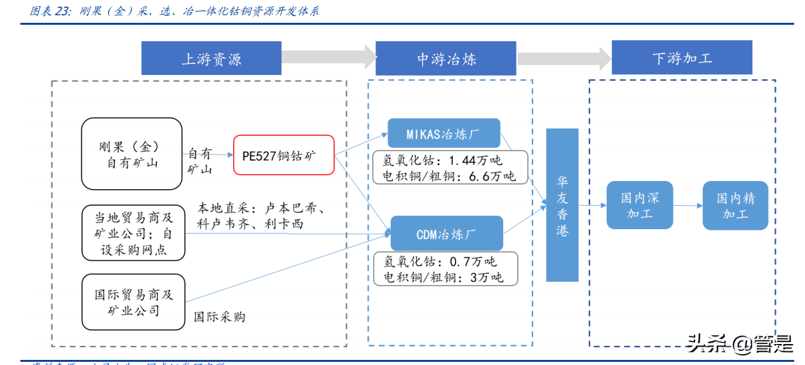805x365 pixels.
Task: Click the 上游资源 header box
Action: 211,59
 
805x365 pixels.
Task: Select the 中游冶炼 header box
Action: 445,59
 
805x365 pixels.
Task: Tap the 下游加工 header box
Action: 682,58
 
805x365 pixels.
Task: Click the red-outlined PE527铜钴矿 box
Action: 283,155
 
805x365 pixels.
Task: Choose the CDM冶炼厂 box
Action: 446,234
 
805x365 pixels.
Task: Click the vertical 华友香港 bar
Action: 562,205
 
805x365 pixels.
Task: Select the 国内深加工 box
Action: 639,205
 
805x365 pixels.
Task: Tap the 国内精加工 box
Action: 735,206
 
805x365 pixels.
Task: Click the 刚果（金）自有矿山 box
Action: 132,154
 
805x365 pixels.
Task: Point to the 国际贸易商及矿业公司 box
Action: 133,302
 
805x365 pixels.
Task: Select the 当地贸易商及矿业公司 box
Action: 133,232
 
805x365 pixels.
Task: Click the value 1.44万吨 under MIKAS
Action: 474,160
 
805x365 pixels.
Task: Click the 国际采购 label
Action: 219,316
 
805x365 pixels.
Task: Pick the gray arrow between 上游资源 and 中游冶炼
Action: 328,57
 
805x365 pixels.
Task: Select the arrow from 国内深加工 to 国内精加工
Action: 687,206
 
